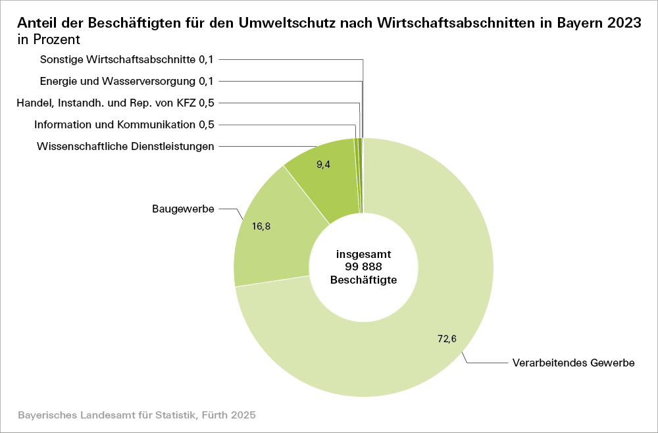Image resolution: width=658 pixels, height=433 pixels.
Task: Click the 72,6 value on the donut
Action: (x=447, y=339)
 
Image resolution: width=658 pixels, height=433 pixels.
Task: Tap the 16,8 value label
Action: (x=261, y=226)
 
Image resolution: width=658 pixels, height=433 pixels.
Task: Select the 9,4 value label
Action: (x=323, y=165)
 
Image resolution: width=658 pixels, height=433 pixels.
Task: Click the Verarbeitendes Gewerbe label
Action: (x=572, y=363)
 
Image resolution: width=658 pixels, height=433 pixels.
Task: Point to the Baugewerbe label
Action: (x=183, y=209)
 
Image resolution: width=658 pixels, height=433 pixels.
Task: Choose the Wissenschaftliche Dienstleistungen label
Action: (x=126, y=146)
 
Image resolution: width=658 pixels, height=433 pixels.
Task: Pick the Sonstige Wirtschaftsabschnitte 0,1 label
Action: (x=127, y=59)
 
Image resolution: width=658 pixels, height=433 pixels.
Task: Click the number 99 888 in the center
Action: (x=363, y=267)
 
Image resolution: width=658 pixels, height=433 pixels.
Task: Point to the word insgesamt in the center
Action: (x=363, y=254)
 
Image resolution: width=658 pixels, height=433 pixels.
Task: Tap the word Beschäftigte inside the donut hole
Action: (x=363, y=280)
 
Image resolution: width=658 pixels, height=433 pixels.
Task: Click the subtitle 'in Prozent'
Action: (x=49, y=39)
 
